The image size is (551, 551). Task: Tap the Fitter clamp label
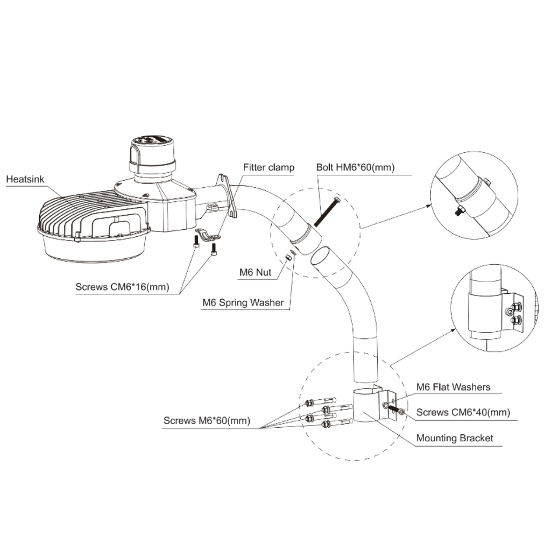(x=269, y=167)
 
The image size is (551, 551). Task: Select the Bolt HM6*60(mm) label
(x=355, y=167)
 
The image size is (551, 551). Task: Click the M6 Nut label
(x=255, y=273)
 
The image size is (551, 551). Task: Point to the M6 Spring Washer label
(x=243, y=302)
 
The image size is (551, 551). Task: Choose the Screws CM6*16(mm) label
(x=122, y=287)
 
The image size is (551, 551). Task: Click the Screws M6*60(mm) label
(x=207, y=421)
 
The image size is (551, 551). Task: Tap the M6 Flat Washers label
(x=453, y=387)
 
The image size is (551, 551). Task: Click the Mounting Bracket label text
(x=454, y=438)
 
